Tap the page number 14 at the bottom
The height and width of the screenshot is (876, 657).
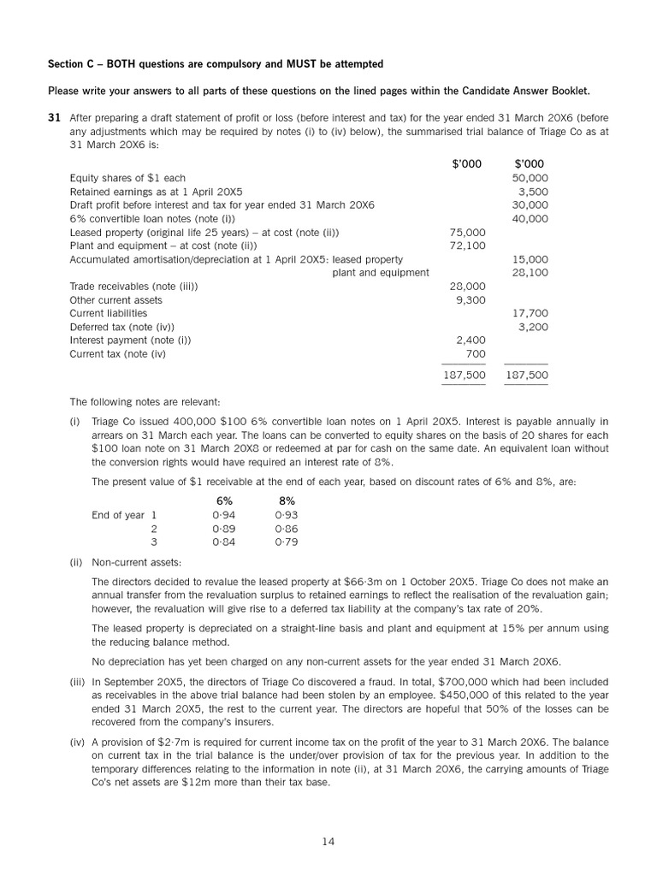click(328, 842)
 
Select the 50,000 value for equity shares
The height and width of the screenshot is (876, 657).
click(530, 178)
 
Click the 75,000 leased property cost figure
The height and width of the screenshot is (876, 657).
click(467, 232)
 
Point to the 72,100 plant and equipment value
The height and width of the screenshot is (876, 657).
click(467, 246)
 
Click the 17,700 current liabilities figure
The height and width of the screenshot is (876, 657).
click(530, 313)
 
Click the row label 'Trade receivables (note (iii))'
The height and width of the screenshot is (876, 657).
click(133, 287)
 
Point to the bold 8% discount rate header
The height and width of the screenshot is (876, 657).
click(287, 500)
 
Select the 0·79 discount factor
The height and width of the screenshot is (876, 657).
click(287, 542)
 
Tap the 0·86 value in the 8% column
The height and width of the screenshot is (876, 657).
click(287, 529)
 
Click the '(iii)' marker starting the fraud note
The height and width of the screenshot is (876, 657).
click(77, 682)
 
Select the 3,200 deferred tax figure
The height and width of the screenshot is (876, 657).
click(534, 327)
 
